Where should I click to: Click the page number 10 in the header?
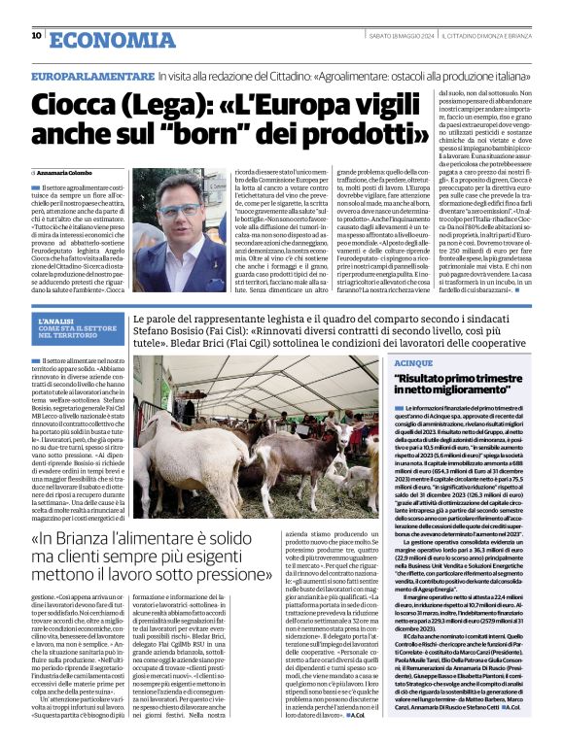pyautogui.click(x=36, y=35)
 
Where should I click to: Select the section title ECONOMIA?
pyautogui.click(x=107, y=38)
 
